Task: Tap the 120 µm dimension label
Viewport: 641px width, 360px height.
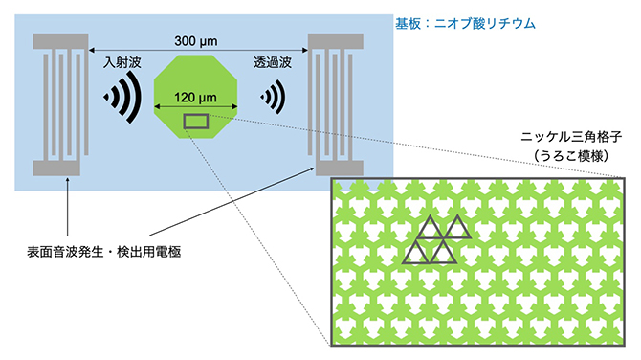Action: click(196, 97)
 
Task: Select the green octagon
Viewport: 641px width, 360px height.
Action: click(196, 81)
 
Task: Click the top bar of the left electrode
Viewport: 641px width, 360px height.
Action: click(59, 42)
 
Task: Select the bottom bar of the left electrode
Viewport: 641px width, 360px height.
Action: click(59, 169)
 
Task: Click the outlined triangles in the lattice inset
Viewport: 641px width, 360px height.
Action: click(435, 239)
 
